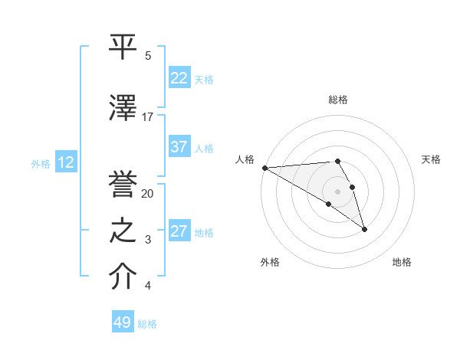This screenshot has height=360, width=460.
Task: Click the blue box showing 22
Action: (x=179, y=78)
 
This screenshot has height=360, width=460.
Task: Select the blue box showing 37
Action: (x=179, y=147)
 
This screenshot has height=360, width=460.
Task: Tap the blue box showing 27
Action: (x=179, y=231)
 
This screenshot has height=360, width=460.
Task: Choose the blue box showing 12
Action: (x=65, y=162)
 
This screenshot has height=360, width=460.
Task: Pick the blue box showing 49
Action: (x=123, y=322)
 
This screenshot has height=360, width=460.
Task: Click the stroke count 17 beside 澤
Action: (x=148, y=117)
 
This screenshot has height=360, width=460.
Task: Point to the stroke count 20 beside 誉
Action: (x=148, y=194)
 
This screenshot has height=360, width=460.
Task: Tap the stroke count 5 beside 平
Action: (x=148, y=56)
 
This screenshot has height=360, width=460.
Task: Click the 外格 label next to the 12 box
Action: (x=41, y=163)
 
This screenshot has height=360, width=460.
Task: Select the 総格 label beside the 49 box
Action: (x=147, y=324)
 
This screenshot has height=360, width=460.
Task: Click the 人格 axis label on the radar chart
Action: (x=245, y=159)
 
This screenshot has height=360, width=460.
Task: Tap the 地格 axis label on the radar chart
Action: (x=402, y=262)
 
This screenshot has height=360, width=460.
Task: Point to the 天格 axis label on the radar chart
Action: (x=431, y=159)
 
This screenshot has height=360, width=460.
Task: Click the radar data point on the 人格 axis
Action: (x=264, y=168)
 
